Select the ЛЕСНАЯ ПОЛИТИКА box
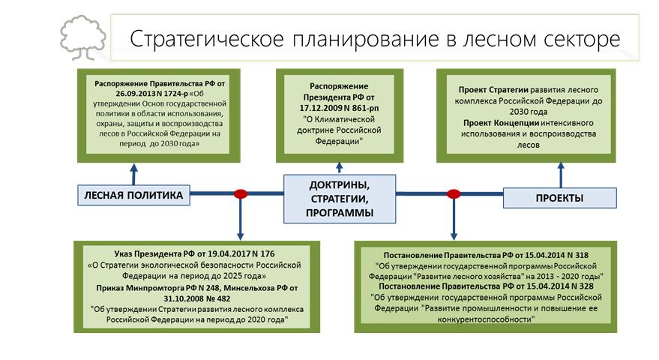132,196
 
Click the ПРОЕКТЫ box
559,198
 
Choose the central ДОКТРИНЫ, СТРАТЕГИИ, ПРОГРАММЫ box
340,199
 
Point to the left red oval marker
241,194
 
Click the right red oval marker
454,194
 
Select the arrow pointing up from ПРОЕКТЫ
559,175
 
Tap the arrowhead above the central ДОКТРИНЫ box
340,166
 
